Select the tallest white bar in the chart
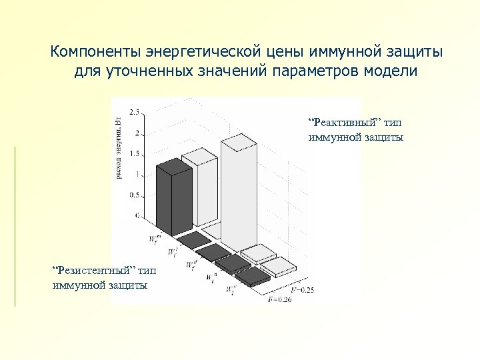pos(239,193)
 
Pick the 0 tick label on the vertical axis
pos(137,216)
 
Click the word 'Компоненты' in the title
pos(96,51)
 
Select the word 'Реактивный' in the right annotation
pos(345,123)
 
